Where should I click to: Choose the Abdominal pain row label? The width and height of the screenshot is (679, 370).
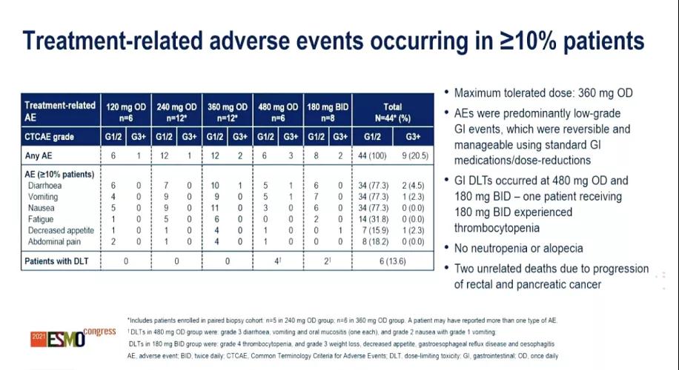[x=52, y=241]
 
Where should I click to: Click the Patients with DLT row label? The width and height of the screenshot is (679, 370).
[x=59, y=261]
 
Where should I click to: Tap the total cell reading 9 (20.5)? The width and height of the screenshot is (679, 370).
[x=414, y=157]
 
